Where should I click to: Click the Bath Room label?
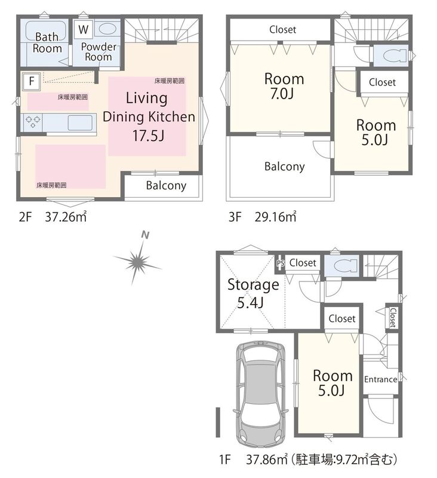[47, 42]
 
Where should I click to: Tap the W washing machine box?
[83, 29]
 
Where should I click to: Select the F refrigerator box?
[32, 81]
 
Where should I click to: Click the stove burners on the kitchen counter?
[33, 122]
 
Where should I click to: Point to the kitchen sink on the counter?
[80, 122]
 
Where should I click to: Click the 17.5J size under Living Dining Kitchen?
[148, 136]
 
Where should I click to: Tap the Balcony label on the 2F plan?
[166, 185]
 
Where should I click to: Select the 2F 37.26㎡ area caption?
[53, 216]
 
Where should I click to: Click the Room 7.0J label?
[284, 86]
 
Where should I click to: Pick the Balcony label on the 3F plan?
[284, 167]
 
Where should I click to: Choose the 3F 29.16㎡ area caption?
[262, 216]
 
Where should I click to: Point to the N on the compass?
[146, 235]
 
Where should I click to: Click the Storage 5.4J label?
[253, 293]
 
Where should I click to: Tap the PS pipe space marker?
[281, 263]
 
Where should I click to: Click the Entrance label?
[381, 379]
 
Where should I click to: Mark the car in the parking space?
[260, 395]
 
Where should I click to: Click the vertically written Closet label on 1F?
[393, 317]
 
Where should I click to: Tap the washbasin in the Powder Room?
[107, 29]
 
